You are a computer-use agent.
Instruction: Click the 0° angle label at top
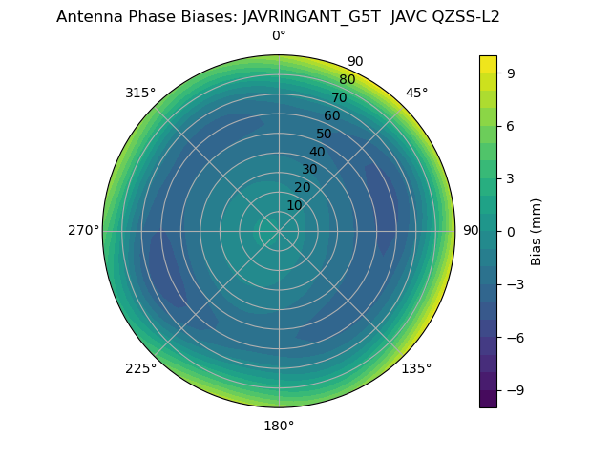click(279, 36)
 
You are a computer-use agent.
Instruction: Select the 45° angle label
click(416, 93)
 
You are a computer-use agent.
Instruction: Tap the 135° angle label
click(416, 368)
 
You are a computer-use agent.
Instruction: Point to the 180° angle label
click(279, 426)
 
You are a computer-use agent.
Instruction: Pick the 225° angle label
click(140, 368)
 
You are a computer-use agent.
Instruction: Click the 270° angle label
click(83, 231)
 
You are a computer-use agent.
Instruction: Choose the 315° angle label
click(140, 93)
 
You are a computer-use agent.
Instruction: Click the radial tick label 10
click(294, 205)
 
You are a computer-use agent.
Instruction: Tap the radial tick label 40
click(317, 152)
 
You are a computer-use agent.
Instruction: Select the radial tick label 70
click(339, 97)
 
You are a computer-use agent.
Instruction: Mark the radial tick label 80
click(347, 80)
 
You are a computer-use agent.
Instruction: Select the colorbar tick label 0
click(509, 232)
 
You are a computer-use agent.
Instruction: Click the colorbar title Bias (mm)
click(537, 232)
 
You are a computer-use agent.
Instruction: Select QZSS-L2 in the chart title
click(466, 16)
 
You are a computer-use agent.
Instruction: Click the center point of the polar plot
click(279, 231)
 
